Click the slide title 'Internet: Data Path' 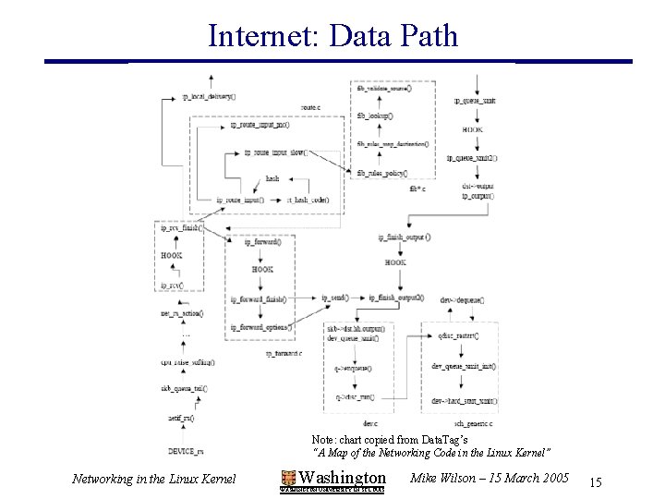332,35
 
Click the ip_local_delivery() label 209,95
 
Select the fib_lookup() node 375,116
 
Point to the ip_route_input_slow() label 280,152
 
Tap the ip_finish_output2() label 396,298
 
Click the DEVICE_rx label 187,449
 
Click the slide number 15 595,482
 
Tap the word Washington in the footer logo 343,477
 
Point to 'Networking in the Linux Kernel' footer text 153,478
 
